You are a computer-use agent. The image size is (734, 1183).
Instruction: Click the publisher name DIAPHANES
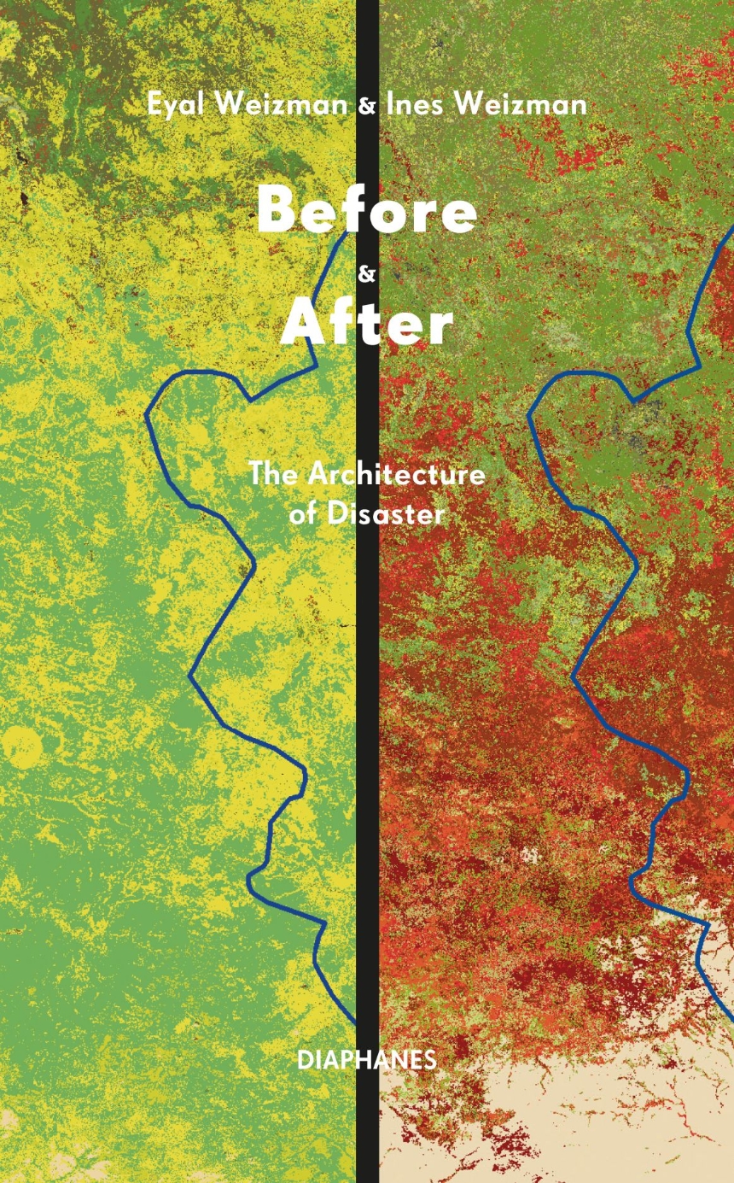[x=367, y=1060]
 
